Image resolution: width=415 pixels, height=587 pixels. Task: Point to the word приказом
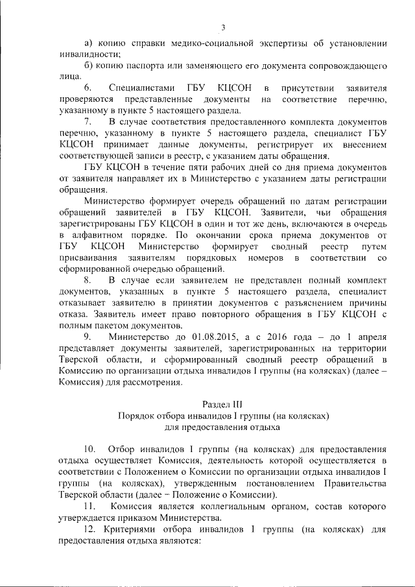[x=176, y=517]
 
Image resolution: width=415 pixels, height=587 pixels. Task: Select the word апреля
[x=371, y=337]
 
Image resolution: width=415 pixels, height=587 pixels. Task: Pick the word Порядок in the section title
[x=134, y=415]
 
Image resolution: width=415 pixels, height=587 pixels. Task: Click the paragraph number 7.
[x=88, y=122]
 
